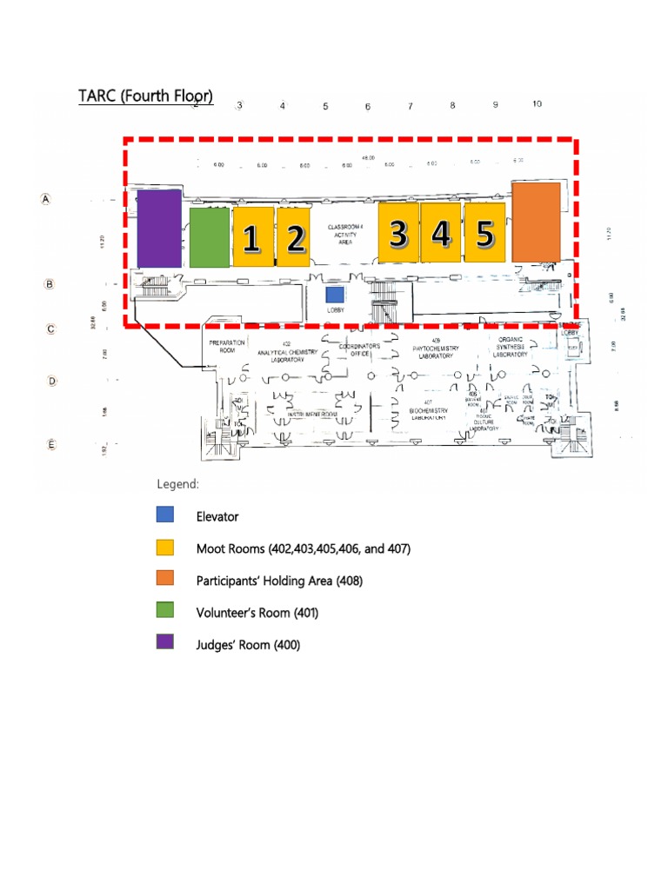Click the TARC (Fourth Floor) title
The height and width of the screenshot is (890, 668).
tap(145, 96)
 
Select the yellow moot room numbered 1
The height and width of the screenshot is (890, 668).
tap(253, 237)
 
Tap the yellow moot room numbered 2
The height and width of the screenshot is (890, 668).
tap(296, 237)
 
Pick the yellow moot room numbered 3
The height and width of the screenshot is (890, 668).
tap(398, 232)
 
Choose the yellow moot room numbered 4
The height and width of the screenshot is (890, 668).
tap(441, 232)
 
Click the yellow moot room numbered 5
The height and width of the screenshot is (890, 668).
tap(484, 232)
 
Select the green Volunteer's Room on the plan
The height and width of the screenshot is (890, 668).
tap(209, 237)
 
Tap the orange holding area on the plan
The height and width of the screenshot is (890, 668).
tap(536, 222)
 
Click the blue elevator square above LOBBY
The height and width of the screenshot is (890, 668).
tap(334, 295)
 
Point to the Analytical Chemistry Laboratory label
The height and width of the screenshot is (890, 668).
tap(286, 351)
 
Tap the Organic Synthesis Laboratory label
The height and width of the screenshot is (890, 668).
tap(511, 348)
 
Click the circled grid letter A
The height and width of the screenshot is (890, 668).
tap(46, 199)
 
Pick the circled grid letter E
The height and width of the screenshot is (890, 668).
tap(51, 444)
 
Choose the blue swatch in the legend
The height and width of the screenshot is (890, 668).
tap(164, 516)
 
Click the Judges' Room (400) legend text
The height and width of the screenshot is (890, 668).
tap(248, 645)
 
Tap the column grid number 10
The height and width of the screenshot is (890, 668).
tap(537, 104)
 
